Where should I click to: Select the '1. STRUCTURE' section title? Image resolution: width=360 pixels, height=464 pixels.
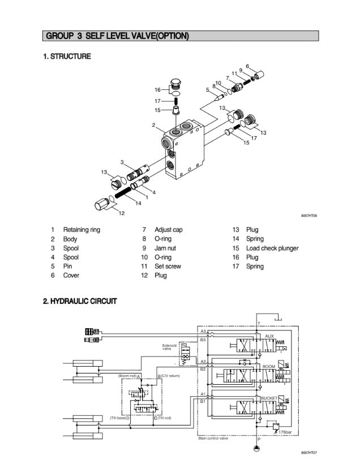(67, 57)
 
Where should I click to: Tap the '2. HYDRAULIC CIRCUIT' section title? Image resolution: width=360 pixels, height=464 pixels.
(80, 301)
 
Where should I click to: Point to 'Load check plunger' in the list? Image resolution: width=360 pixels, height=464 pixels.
(272, 248)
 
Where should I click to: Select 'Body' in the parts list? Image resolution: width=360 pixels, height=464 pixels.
(70, 239)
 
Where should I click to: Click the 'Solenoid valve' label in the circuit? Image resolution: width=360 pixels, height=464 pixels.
(170, 347)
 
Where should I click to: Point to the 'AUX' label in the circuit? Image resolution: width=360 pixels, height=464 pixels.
(269, 336)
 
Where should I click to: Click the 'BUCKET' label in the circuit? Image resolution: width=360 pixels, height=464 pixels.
(268, 399)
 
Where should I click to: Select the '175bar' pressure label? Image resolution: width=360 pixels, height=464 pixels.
(286, 432)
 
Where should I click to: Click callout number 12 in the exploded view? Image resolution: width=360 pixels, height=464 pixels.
(121, 213)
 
